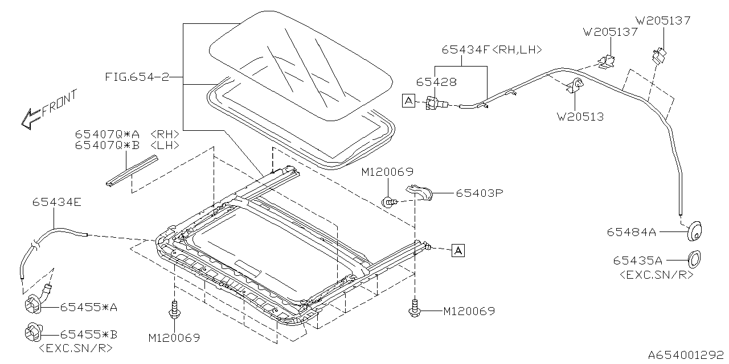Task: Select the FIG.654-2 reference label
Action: point(137,77)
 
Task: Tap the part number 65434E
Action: point(56,202)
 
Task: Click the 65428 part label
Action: point(436,82)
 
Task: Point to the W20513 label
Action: point(580,117)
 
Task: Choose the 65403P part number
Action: point(480,193)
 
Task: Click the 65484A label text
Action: point(632,232)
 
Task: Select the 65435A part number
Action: point(637,260)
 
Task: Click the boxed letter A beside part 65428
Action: point(408,101)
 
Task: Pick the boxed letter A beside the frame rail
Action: point(458,251)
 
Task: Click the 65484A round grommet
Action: point(694,231)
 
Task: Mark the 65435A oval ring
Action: point(694,259)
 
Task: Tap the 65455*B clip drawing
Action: point(33,333)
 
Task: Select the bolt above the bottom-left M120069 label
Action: point(175,310)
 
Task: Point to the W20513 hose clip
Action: point(575,85)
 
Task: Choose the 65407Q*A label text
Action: point(107,134)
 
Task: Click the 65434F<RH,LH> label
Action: point(492,49)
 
